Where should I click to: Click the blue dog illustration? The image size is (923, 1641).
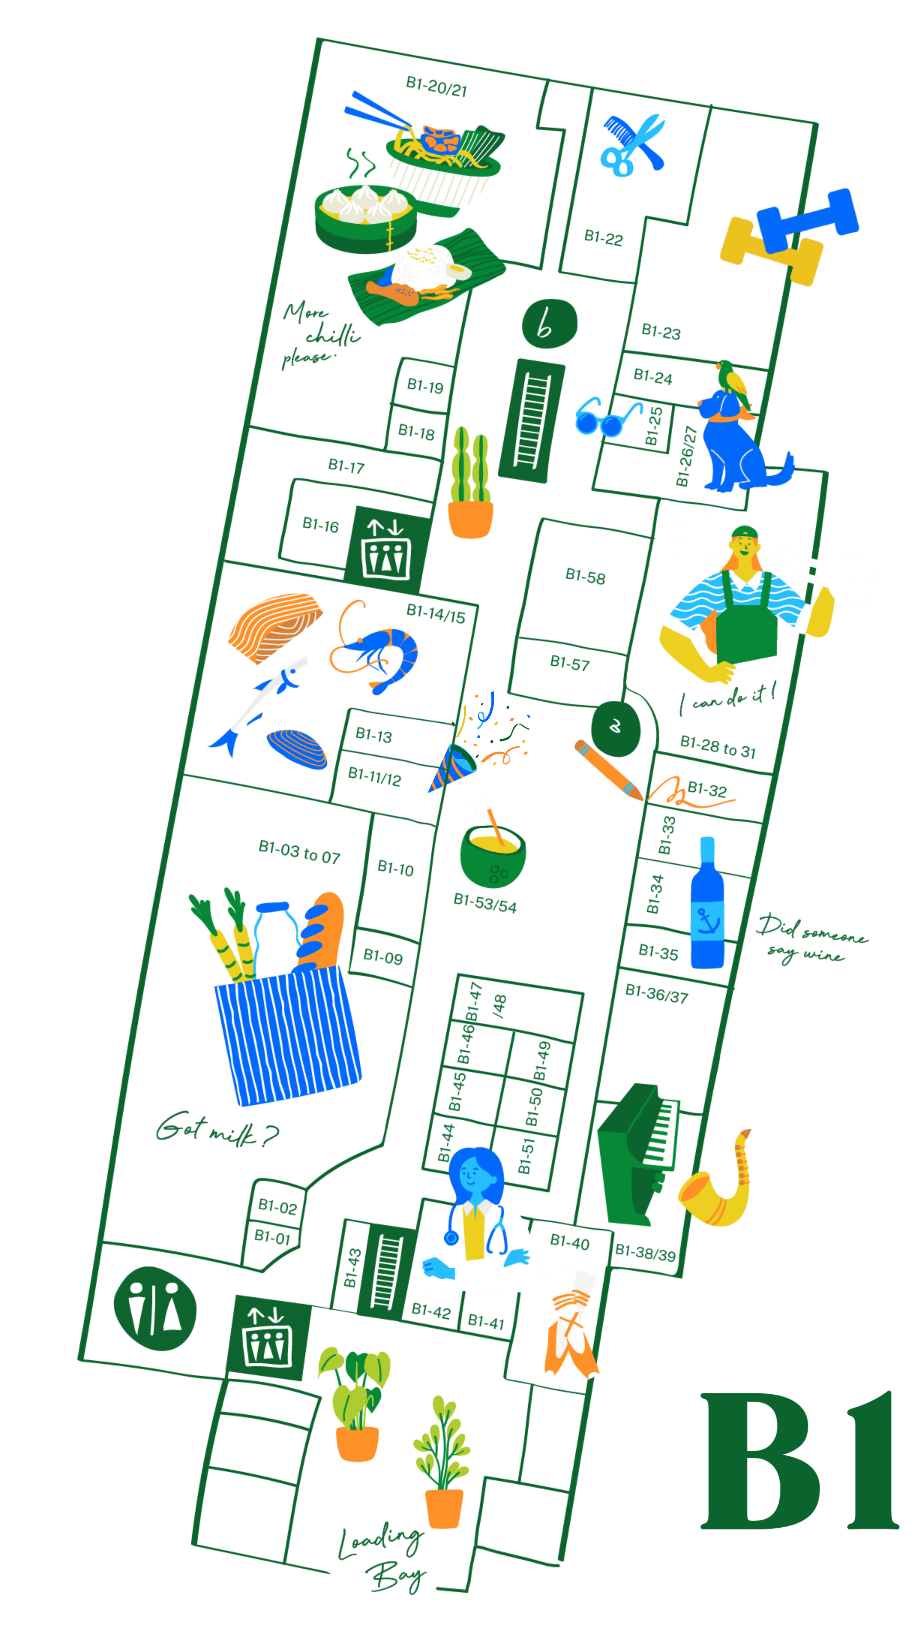pyautogui.click(x=732, y=439)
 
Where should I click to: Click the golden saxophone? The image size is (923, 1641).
pyautogui.click(x=717, y=1182)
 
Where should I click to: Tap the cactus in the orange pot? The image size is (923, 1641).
pyautogui.click(x=471, y=484)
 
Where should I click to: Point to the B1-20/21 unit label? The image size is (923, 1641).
pyautogui.click(x=436, y=86)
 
